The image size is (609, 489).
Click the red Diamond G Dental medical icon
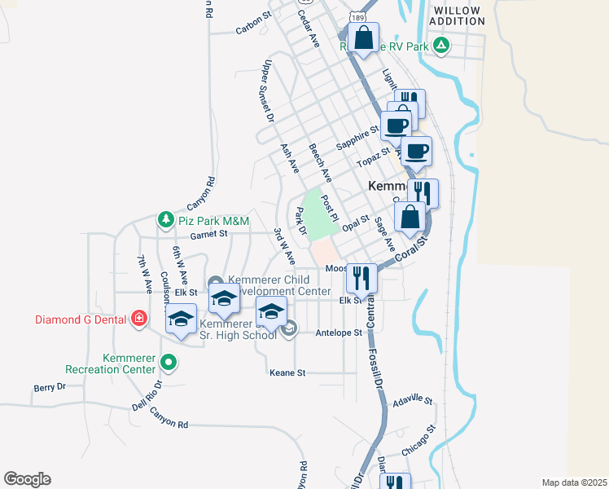tap(139, 318)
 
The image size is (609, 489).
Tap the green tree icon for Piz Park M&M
tap(166, 220)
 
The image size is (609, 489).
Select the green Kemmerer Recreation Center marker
tap(169, 362)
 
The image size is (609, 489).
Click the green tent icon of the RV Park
tap(440, 46)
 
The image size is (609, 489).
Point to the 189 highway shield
tap(357, 16)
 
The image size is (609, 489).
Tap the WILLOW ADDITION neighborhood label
tap(462, 16)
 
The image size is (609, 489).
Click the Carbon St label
tap(252, 23)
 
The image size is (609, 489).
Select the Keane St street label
tap(287, 372)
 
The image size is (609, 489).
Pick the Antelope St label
tap(338, 333)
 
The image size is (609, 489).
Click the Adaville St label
tap(413, 401)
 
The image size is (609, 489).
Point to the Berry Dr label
tap(49, 387)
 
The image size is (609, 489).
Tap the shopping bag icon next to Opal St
tap(409, 216)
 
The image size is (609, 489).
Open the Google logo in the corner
tap(27, 479)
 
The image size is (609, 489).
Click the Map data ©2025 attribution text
tap(574, 482)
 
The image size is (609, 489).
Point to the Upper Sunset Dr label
tap(265, 90)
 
